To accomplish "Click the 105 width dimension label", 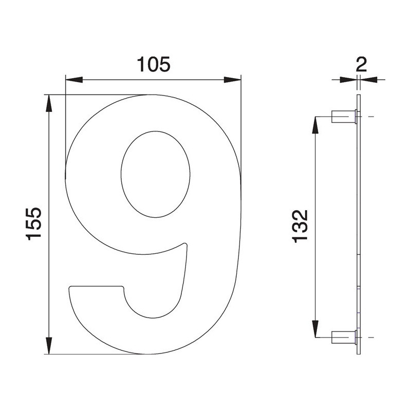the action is tap(154, 65).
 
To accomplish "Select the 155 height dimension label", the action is tap(34, 223).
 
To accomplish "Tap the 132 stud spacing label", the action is tap(300, 226).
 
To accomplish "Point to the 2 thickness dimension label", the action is tap(361, 65).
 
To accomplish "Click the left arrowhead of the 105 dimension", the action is tap(74, 80).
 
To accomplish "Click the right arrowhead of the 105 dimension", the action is tap(232, 80).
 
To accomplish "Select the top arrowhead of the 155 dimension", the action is tap(49, 104).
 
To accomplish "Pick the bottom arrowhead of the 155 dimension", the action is tap(49, 345).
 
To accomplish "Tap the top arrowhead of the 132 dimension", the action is tap(315, 125).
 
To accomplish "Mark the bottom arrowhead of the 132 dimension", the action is tap(315, 328).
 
